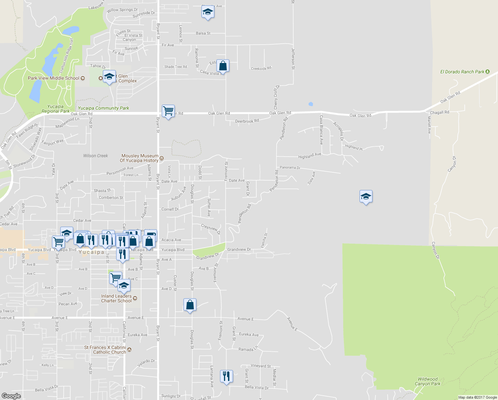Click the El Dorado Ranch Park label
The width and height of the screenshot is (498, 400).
click(462, 72)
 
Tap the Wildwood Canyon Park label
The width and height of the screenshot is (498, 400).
click(427, 381)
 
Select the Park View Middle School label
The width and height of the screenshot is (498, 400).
click(54, 78)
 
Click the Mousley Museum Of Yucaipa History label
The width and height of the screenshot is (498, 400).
click(139, 158)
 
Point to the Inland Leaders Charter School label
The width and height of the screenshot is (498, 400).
click(117, 298)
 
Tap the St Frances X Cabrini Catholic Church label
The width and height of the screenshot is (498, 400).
click(105, 350)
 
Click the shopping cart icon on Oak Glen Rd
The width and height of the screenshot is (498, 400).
click(168, 111)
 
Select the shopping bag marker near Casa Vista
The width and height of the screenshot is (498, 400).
click(223, 66)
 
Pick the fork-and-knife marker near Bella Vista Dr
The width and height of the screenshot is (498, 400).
click(226, 376)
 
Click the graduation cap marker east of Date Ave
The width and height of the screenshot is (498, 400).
click(366, 196)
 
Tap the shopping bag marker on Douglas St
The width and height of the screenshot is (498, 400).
click(190, 305)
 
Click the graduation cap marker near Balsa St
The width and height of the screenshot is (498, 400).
click(208, 12)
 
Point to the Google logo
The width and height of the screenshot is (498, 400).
click(11, 396)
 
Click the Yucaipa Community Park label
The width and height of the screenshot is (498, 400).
click(103, 108)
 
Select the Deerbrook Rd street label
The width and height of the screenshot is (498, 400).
click(247, 121)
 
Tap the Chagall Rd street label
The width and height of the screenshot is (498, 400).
click(439, 112)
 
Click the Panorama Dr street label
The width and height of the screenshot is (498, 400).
click(290, 167)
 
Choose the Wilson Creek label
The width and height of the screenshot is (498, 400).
click(96, 156)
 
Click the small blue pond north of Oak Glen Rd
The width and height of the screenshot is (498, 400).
click(311, 104)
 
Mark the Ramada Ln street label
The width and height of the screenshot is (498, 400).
click(248, 349)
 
